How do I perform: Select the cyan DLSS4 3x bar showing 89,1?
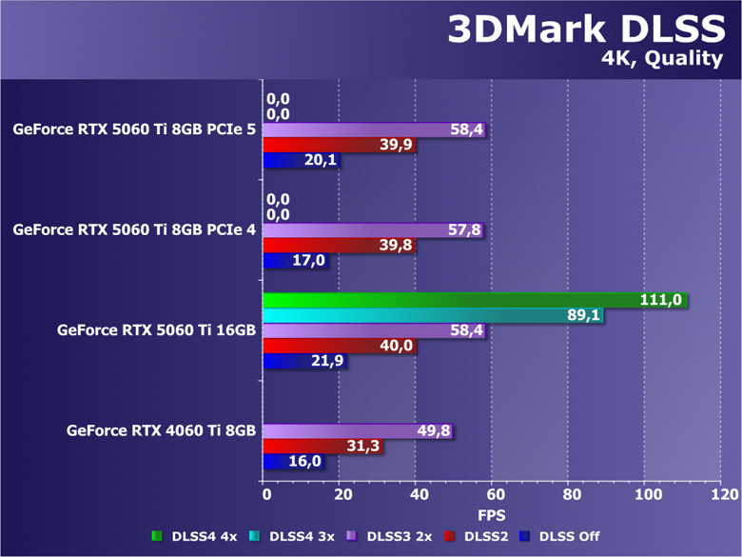coord(433,316)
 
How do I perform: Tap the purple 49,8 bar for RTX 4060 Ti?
coord(359,431)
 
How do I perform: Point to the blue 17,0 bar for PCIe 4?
coord(296,260)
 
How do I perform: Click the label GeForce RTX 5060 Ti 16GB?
coord(156,331)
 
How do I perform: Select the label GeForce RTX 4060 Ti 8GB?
coord(161,431)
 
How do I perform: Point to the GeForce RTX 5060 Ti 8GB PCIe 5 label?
coord(134,129)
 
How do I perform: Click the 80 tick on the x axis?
coord(569,495)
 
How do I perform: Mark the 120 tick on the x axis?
coord(723,495)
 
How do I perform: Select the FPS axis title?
coord(491,514)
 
